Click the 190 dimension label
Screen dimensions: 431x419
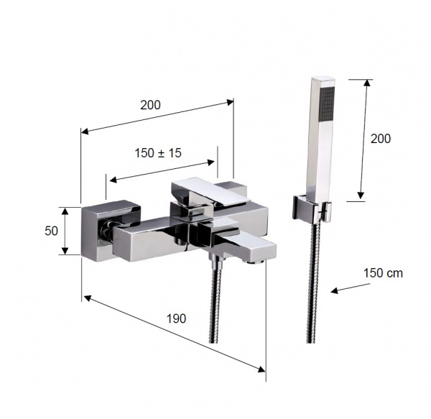[x=176, y=318]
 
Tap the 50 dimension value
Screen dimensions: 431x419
[x=52, y=231]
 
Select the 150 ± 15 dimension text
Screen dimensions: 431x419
[x=158, y=153]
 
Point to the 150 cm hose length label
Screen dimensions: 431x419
[x=383, y=273]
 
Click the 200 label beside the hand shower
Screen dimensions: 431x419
[x=381, y=139]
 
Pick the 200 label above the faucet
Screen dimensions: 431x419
[x=150, y=105]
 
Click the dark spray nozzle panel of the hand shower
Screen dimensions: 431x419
[x=328, y=103]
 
